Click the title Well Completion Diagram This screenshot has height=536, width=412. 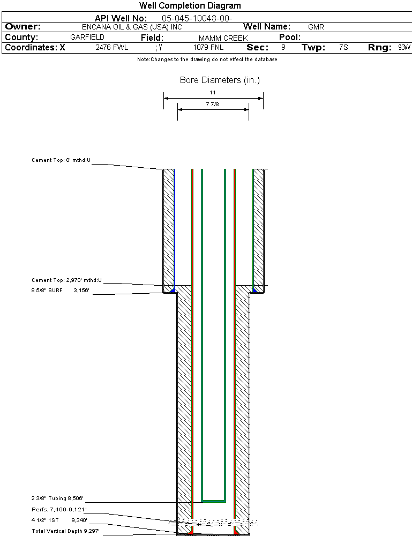click(x=190, y=6)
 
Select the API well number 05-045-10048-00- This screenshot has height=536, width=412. click(x=197, y=18)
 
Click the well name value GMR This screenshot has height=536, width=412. click(x=316, y=27)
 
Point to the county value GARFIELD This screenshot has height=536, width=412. click(x=87, y=38)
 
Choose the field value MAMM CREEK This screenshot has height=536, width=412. click(x=223, y=38)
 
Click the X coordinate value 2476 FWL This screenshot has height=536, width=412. click(x=112, y=48)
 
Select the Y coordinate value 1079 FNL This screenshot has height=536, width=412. click(x=208, y=48)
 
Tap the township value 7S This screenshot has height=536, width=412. click(x=343, y=48)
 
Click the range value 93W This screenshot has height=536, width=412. click(x=404, y=48)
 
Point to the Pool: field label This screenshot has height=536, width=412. click(x=290, y=38)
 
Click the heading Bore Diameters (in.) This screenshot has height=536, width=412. click(x=220, y=80)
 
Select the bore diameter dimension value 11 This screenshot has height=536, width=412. click(x=213, y=93)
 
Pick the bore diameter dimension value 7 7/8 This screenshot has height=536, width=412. click(x=213, y=104)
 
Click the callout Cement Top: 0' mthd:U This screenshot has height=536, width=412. click(x=61, y=160)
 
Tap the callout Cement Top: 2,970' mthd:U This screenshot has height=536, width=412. click(x=66, y=280)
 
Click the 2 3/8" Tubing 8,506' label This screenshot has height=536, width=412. click(x=57, y=498)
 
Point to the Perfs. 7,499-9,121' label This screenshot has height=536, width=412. click(x=59, y=509)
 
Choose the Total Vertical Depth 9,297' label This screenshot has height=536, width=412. click(x=65, y=531)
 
